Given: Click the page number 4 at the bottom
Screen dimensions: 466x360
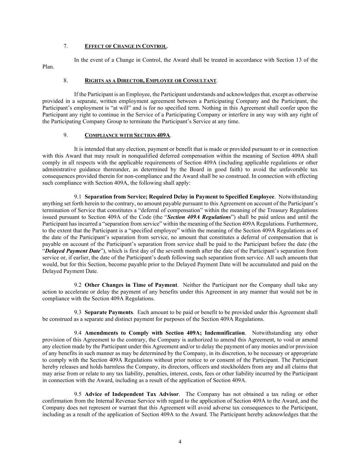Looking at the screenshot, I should pyautogui.click(x=180, y=442).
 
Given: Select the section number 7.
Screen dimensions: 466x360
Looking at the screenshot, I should pyautogui.click(x=66, y=46).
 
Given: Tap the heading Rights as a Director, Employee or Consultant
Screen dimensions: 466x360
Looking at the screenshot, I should pyautogui.click(x=150, y=81).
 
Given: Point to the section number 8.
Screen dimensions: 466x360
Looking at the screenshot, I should pyautogui.click(x=66, y=81).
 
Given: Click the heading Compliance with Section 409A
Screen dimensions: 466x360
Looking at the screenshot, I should pyautogui.click(x=127, y=135).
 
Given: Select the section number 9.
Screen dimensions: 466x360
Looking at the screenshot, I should pyautogui.click(x=66, y=135).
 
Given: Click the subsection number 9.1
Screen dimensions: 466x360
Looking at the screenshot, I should pyautogui.click(x=78, y=197).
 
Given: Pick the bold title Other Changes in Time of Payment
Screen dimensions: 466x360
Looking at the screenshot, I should pyautogui.click(x=131, y=285).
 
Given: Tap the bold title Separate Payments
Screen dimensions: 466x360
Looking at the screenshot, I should pyautogui.click(x=109, y=312).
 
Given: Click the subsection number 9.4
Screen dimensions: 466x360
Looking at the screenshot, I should pyautogui.click(x=78, y=333).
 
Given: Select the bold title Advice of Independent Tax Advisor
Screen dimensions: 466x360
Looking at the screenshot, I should pyautogui.click(x=132, y=395).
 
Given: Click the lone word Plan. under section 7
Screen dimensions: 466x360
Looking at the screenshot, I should pyautogui.click(x=48, y=67).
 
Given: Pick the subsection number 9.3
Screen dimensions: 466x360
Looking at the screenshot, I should pyautogui.click(x=78, y=312).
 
